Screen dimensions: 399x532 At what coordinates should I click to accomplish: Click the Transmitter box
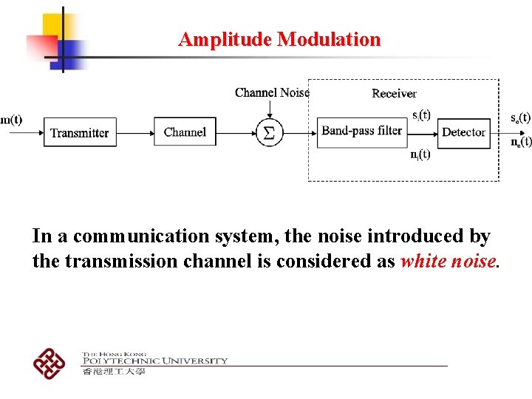pyautogui.click(x=80, y=133)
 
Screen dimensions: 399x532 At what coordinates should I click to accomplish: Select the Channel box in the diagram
pyautogui.click(x=185, y=132)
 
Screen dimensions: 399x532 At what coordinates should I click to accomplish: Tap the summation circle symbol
pyautogui.click(x=270, y=133)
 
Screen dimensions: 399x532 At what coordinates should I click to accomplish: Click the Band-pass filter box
pyautogui.click(x=362, y=132)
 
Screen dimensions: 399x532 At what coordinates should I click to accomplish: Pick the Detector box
pyautogui.click(x=463, y=132)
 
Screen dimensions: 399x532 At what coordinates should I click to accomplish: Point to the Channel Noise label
pyautogui.click(x=271, y=92)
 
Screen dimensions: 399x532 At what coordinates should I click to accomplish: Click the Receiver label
pyautogui.click(x=394, y=93)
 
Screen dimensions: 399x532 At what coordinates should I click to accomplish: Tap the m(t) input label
pyautogui.click(x=11, y=120)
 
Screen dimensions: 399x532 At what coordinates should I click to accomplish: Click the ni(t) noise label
pyautogui.click(x=420, y=154)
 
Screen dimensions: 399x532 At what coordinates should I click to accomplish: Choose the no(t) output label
pyautogui.click(x=520, y=142)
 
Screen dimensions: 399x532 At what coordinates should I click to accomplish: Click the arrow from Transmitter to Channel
pyautogui.click(x=134, y=133)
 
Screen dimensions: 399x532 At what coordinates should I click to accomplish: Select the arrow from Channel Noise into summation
pyautogui.click(x=270, y=108)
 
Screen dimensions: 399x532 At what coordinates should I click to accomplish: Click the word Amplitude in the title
pyautogui.click(x=225, y=39)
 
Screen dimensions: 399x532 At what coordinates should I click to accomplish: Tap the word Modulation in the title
pyautogui.click(x=329, y=39)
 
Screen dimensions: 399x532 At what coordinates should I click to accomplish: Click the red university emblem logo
pyautogui.click(x=50, y=362)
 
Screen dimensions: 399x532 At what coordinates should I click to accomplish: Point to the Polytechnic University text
pyautogui.click(x=154, y=361)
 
